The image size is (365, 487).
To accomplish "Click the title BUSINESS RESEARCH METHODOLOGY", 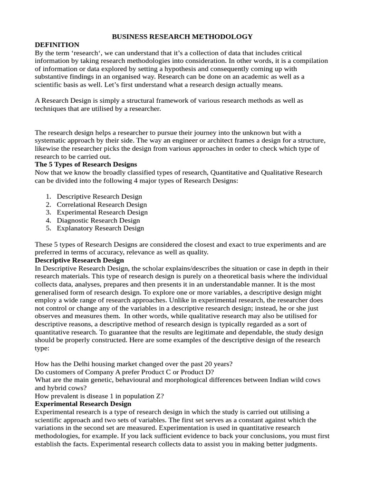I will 182,37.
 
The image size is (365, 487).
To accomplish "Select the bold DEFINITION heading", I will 57,45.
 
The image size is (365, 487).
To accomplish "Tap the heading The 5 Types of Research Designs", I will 86,165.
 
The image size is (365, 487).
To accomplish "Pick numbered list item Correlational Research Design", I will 102,205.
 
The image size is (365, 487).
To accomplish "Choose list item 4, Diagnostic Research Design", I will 98,220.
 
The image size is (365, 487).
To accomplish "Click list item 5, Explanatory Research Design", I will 100,228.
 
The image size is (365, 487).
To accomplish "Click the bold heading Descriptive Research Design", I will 79,261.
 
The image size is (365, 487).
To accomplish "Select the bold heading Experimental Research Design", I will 83,404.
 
